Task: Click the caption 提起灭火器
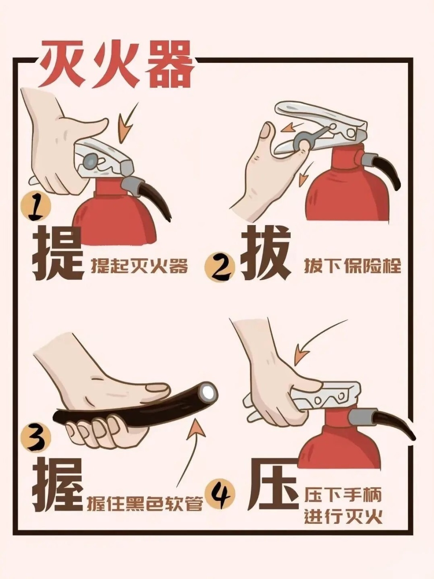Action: tap(139, 267)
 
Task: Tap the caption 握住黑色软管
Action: tap(145, 503)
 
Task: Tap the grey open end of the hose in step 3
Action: tap(208, 391)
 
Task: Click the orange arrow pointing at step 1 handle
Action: tap(127, 122)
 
